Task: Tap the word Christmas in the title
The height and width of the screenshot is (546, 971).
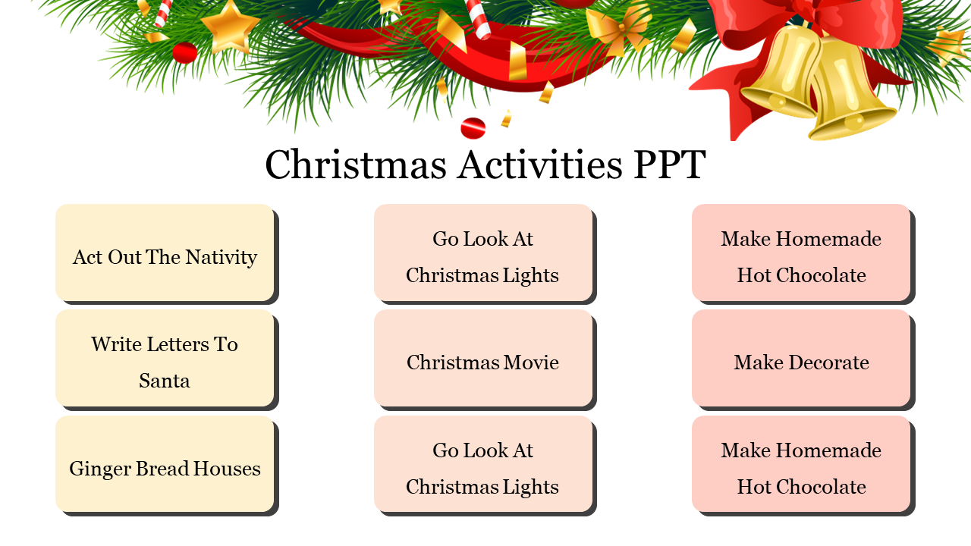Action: (x=356, y=165)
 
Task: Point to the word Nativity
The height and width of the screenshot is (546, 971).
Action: (x=222, y=257)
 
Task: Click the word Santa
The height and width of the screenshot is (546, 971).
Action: (x=165, y=381)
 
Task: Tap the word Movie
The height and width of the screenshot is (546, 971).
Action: (x=532, y=362)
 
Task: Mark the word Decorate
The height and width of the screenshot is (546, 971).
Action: (x=828, y=362)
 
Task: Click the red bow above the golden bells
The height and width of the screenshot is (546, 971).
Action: (x=804, y=19)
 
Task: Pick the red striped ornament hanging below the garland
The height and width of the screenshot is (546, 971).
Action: (x=473, y=127)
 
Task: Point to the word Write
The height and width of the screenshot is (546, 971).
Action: (x=115, y=344)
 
